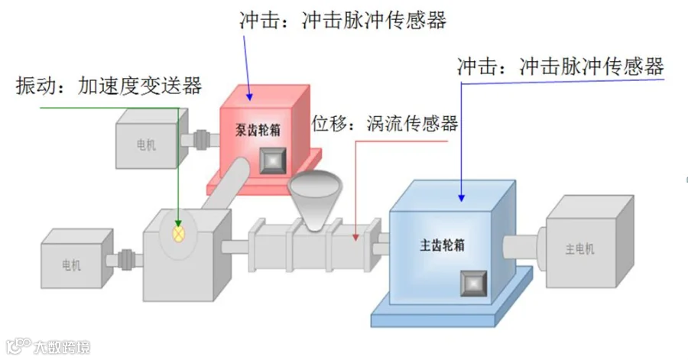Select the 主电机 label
579,248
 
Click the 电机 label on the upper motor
145,144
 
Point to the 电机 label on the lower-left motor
70,265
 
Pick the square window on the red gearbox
272,160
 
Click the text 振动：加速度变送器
109,86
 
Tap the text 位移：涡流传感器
385,123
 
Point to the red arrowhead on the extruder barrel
355,238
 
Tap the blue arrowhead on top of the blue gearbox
461,197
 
